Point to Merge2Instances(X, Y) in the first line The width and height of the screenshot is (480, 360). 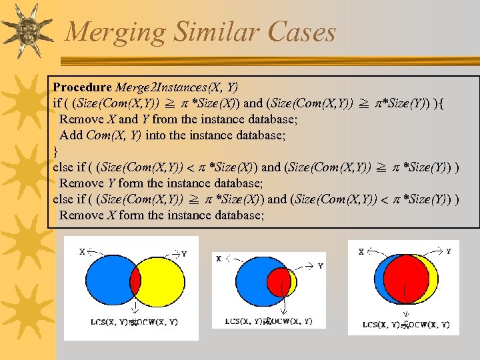click(177, 87)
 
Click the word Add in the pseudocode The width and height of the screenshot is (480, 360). click(71, 135)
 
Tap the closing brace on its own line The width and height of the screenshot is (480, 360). click(56, 151)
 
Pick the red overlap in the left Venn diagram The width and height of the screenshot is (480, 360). click(135, 281)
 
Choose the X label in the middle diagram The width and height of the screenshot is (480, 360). click(219, 259)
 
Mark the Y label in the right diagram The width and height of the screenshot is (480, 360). click(448, 251)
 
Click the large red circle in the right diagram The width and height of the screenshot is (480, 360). click(404, 278)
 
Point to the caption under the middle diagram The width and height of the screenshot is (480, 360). click(269, 321)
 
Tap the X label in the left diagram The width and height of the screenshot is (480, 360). click(82, 252)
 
